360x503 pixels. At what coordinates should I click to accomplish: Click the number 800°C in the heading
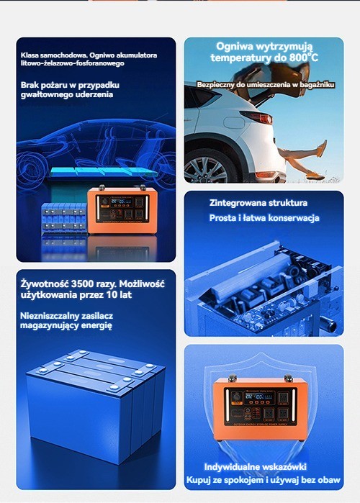click(x=304, y=58)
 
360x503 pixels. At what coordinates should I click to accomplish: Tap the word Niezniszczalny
click(x=50, y=316)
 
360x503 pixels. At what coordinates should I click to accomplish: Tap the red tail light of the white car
click(x=258, y=117)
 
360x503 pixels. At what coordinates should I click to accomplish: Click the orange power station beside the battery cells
click(x=122, y=210)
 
